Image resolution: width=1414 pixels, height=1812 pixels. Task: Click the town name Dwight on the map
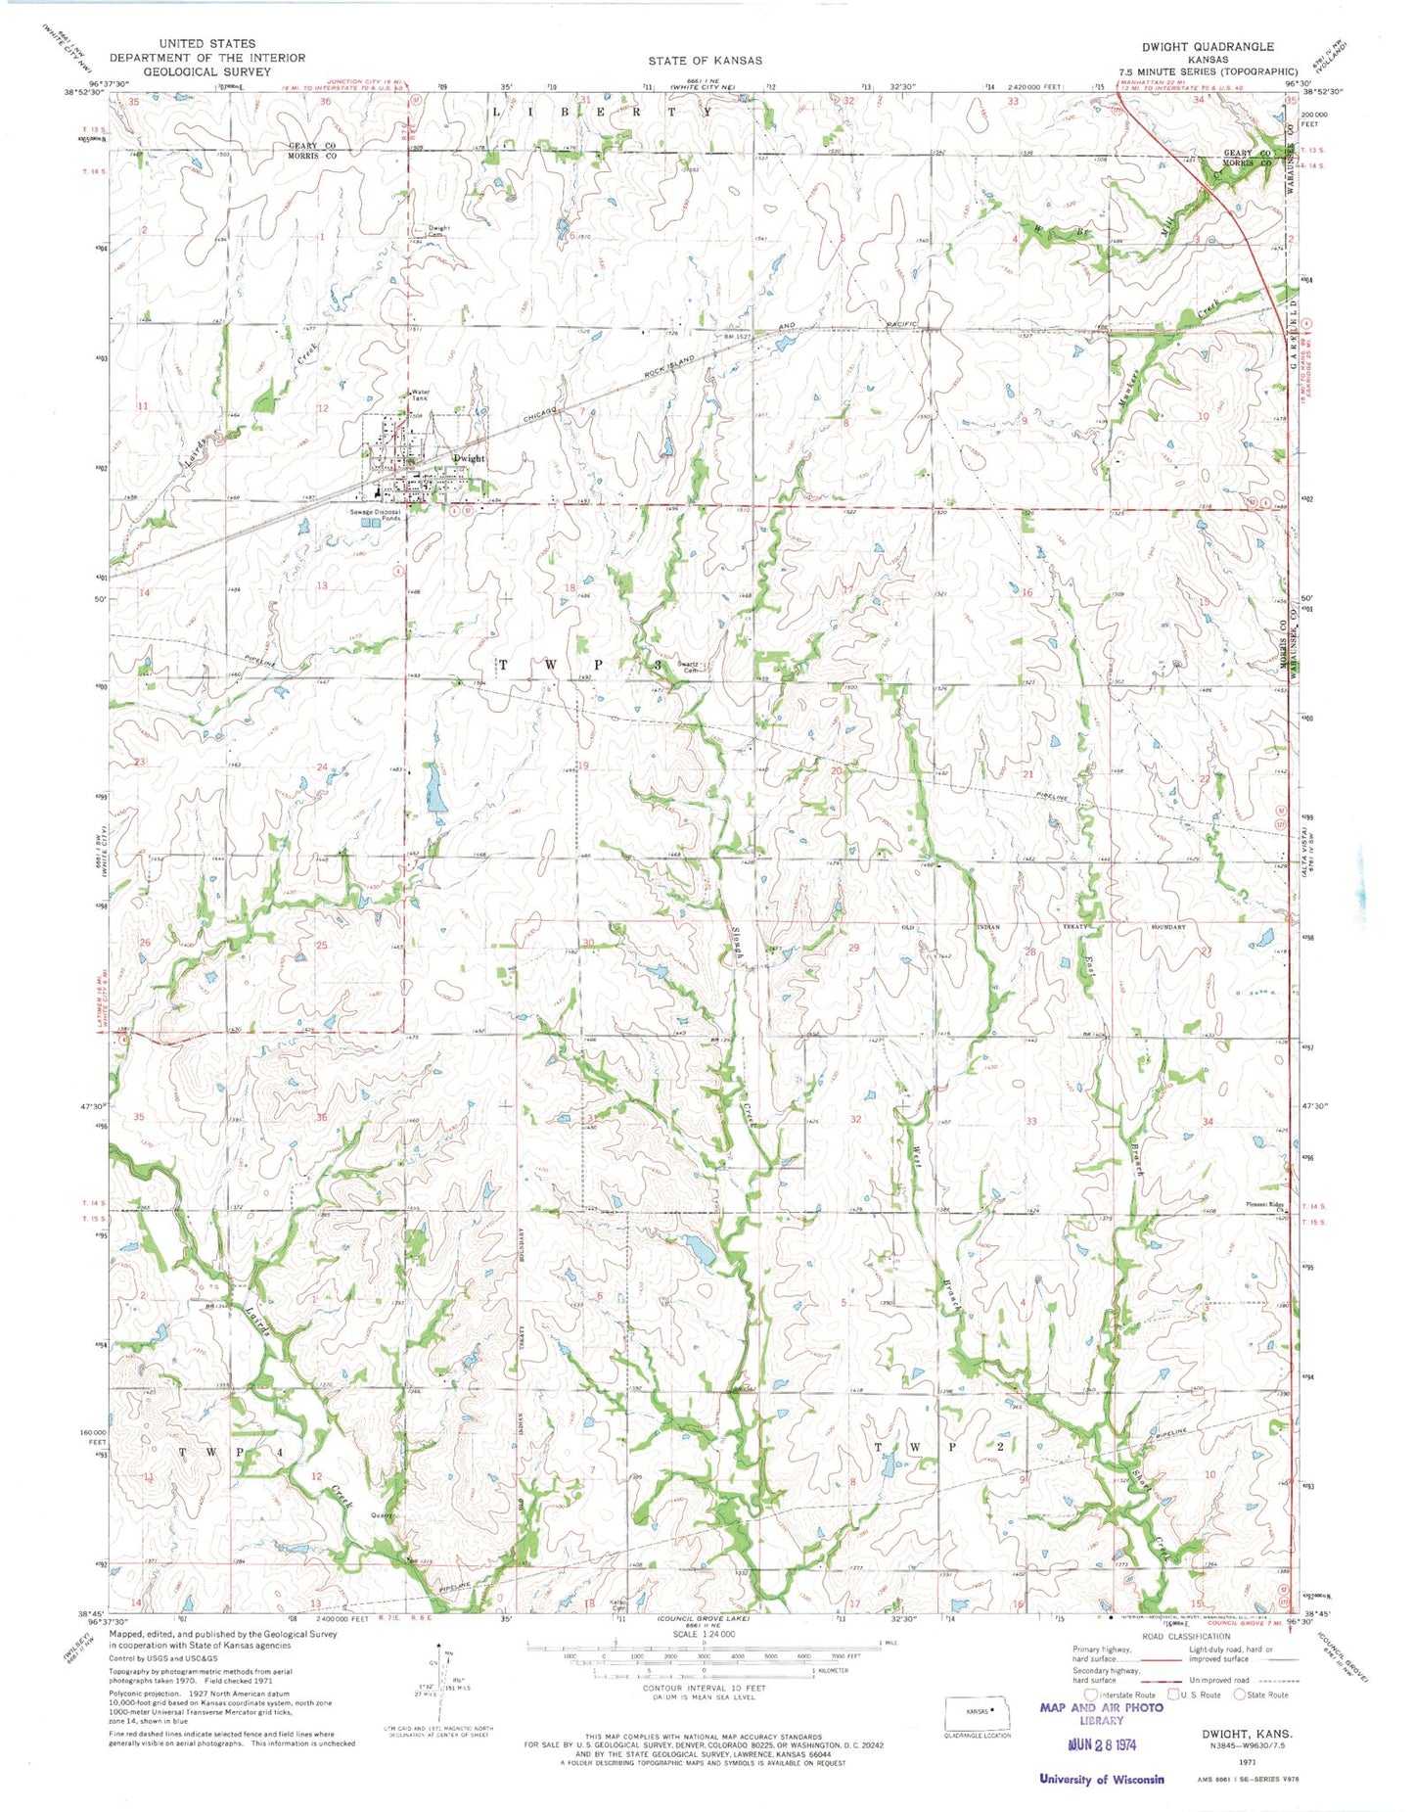[x=468, y=458]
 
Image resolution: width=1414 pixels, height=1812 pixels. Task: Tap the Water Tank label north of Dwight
[x=420, y=395]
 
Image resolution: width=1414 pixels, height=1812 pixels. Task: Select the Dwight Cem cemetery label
[x=438, y=231]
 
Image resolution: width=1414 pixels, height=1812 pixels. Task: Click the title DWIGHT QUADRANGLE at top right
[x=1208, y=46]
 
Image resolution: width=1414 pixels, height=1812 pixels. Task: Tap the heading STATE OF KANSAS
[x=705, y=60]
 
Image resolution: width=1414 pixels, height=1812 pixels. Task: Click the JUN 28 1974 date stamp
[x=1102, y=1743]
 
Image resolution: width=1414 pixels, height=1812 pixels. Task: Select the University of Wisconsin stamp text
[x=1102, y=1779]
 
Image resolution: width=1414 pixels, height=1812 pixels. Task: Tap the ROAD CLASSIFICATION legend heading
[x=1185, y=1636]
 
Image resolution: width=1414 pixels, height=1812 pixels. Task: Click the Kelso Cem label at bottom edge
[x=618, y=1605]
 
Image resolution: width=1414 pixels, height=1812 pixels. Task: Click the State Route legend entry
[x=1265, y=1695]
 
